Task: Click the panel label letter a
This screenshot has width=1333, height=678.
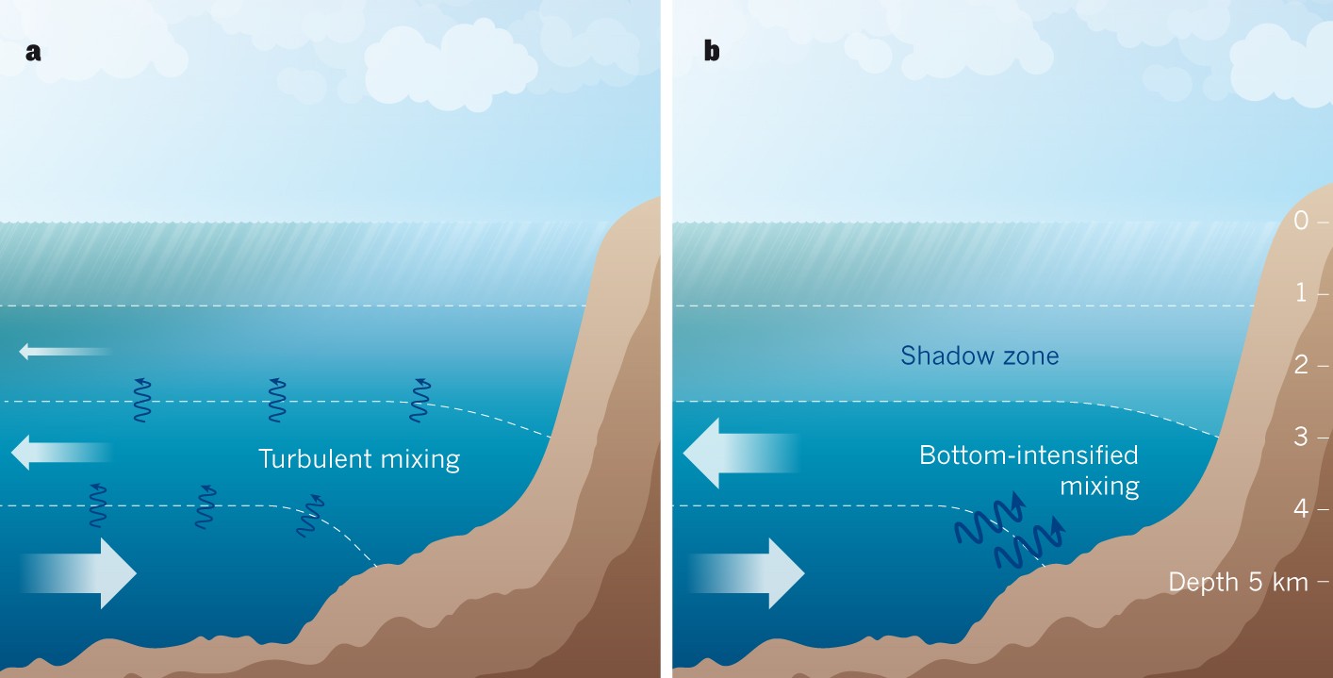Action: tap(34, 53)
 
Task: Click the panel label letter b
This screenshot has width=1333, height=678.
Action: tap(712, 53)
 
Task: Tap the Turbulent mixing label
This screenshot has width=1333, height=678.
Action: tap(359, 459)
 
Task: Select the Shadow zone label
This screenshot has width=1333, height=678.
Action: tap(979, 356)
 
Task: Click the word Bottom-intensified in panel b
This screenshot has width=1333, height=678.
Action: tap(1029, 455)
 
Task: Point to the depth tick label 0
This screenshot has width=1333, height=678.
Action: tap(1301, 222)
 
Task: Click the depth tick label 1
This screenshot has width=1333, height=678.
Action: tap(1301, 293)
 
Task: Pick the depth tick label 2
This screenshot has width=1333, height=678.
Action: tap(1301, 365)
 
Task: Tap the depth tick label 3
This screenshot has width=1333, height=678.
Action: tap(1301, 437)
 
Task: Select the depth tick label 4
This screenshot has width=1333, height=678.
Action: tap(1301, 509)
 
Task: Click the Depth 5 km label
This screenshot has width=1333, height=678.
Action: tap(1238, 582)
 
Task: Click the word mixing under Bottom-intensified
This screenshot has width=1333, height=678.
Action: tap(1099, 487)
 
